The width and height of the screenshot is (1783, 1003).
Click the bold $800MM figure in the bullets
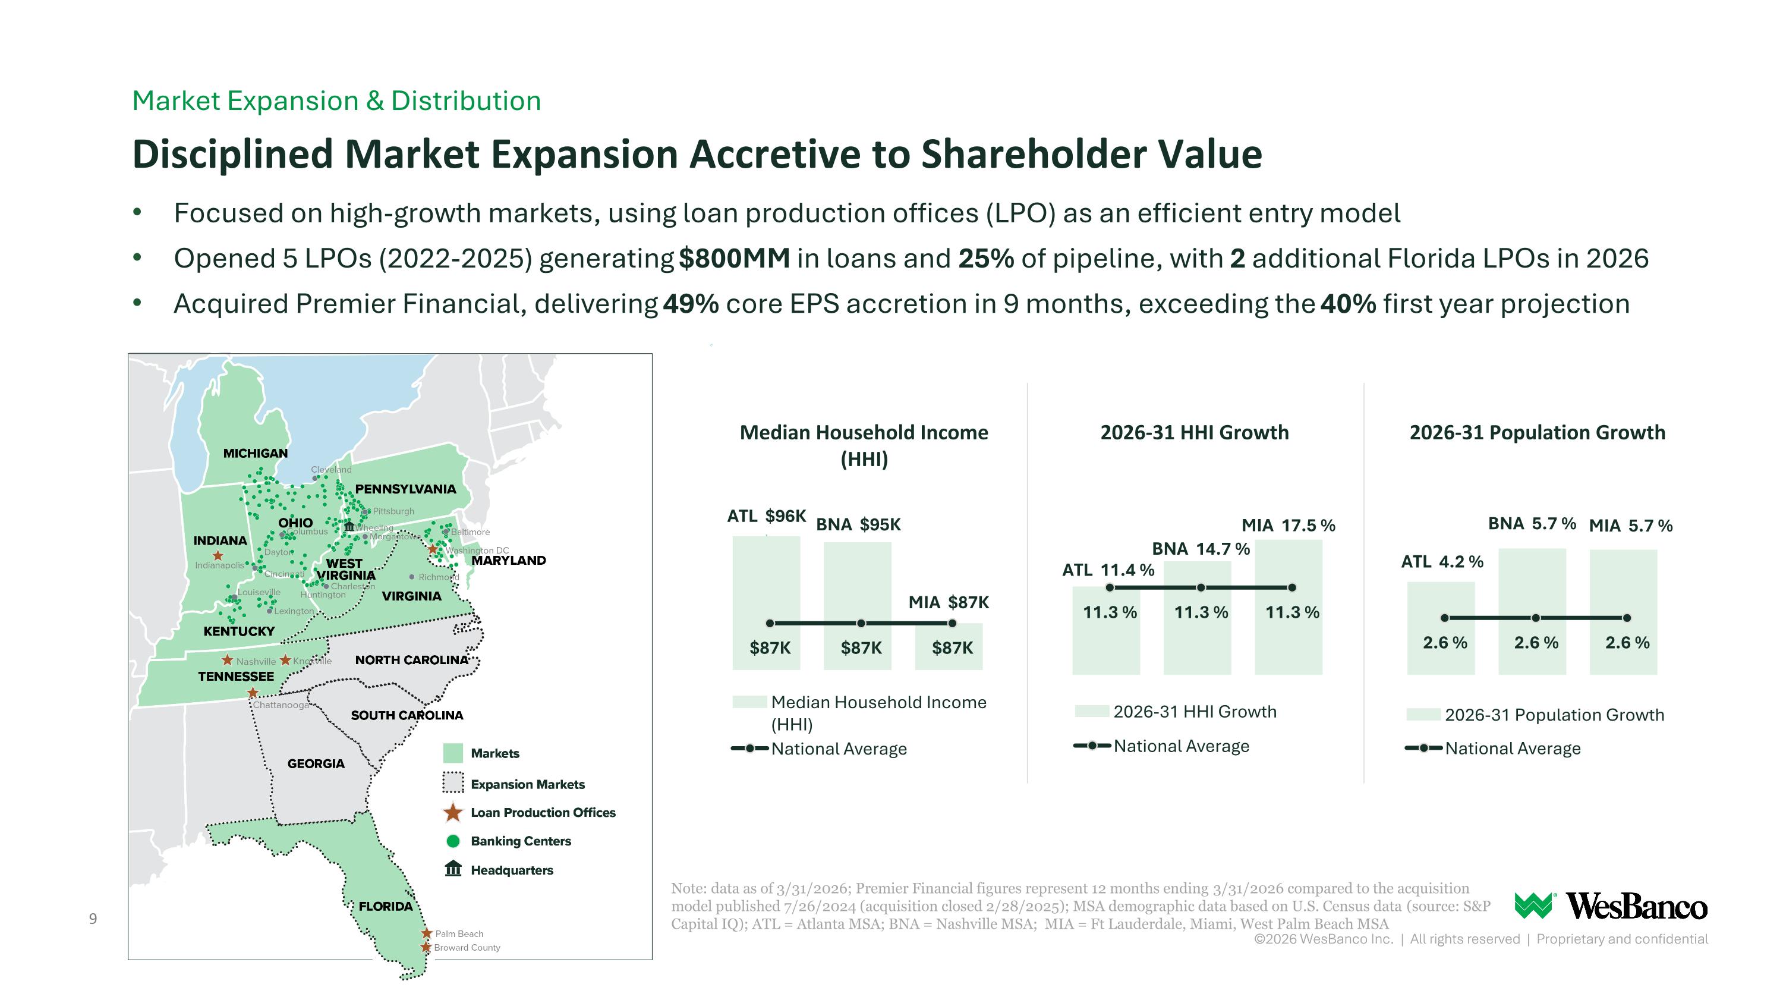click(x=735, y=258)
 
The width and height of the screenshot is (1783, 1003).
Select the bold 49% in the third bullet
click(x=691, y=304)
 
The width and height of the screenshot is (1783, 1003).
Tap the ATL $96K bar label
click(x=766, y=517)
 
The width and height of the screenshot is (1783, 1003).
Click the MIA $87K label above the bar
click(x=948, y=602)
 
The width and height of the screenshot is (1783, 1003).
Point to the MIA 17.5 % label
click(x=1288, y=526)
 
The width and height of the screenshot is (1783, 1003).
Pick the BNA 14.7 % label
click(x=1200, y=549)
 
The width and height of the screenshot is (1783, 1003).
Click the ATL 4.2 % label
click(x=1442, y=561)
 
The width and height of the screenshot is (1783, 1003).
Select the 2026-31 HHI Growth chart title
click(x=1195, y=433)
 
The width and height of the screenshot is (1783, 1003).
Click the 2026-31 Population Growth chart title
click(x=1538, y=433)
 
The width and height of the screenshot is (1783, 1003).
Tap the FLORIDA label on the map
click(x=386, y=907)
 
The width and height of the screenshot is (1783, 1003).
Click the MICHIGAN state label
click(x=256, y=454)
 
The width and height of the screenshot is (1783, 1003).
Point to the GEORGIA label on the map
click(x=316, y=763)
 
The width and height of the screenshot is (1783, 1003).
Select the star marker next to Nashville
click(x=227, y=661)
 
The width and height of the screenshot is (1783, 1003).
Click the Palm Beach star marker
click(x=427, y=933)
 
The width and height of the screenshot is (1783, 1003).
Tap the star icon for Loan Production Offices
click(x=453, y=812)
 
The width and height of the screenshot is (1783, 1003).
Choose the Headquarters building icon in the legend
click(x=453, y=869)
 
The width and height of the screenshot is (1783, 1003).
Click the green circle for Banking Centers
click(x=453, y=841)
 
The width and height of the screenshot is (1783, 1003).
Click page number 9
click(x=93, y=919)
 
